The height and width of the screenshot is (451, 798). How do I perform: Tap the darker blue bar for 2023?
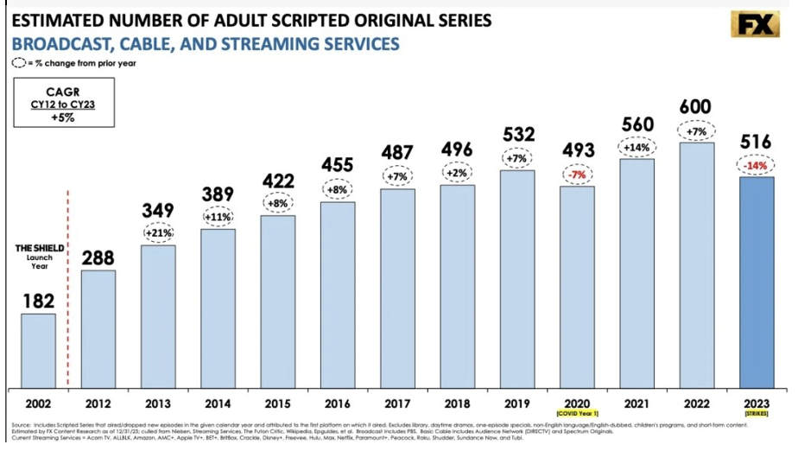(x=757, y=282)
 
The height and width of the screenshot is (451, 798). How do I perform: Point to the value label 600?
(x=696, y=107)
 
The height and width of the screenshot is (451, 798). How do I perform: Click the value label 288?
(x=98, y=257)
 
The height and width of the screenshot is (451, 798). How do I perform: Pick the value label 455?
(x=338, y=164)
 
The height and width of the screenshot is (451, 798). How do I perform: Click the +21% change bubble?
(x=158, y=232)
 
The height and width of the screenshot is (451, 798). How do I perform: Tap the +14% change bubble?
(x=636, y=147)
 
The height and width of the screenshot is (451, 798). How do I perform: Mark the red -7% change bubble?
(x=577, y=174)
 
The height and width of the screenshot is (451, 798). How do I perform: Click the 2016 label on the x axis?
(x=338, y=403)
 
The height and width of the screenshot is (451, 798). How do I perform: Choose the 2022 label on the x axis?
(x=696, y=403)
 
